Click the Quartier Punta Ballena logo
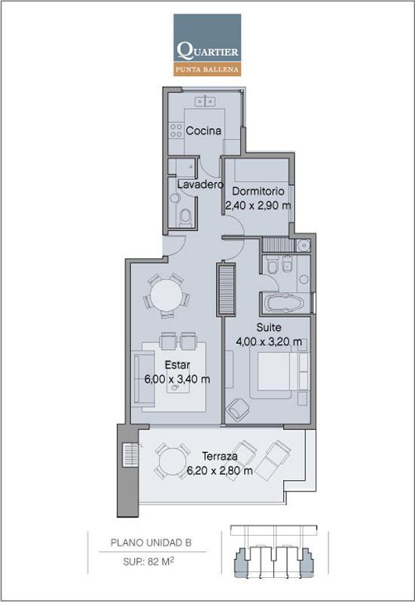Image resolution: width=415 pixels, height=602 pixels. (207, 45)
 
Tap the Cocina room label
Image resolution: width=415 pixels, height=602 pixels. (203, 130)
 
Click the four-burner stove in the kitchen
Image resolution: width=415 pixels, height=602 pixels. (176, 129)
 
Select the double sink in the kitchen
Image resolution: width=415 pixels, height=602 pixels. (205, 102)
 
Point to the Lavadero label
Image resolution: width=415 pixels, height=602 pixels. (200, 184)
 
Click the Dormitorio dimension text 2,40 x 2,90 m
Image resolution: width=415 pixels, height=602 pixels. (258, 205)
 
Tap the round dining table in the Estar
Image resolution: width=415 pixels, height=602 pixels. (166, 295)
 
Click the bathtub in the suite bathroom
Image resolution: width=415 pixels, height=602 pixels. (285, 303)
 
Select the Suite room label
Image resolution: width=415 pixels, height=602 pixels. (269, 327)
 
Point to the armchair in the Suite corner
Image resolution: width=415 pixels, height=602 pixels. (237, 409)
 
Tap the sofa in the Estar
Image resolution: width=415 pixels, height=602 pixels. (144, 379)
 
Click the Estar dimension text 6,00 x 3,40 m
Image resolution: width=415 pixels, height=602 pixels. (177, 379)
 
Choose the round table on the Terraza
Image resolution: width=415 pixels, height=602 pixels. (172, 461)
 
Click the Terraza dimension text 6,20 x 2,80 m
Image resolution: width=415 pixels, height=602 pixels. (220, 470)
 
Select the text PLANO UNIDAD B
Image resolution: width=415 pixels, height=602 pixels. (151, 543)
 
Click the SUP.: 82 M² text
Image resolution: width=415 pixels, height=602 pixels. (148, 561)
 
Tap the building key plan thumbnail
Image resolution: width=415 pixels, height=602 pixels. (274, 552)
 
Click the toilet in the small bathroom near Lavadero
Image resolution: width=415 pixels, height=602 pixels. (185, 217)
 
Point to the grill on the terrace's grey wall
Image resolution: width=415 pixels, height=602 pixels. (130, 455)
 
